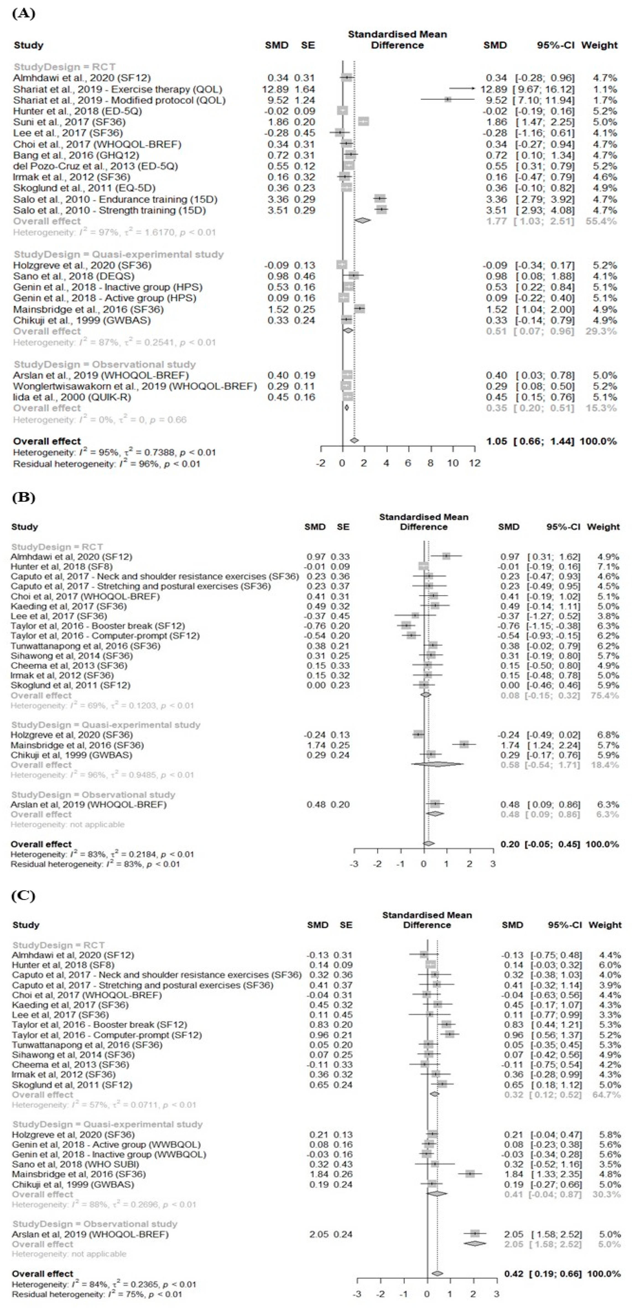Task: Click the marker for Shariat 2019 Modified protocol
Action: tap(448, 100)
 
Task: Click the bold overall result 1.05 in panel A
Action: tap(496, 441)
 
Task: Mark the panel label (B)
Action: tap(24, 497)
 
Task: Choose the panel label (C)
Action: tap(24, 895)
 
